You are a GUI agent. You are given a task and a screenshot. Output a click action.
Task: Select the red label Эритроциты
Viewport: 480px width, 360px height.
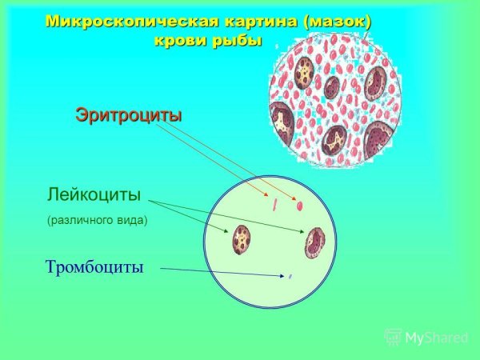(x=129, y=114)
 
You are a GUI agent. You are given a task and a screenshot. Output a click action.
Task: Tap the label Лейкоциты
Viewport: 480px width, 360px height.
(x=94, y=194)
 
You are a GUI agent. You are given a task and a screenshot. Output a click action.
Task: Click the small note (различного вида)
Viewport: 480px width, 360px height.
(x=98, y=219)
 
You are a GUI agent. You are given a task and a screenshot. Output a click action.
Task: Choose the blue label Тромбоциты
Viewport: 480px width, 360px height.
(x=94, y=266)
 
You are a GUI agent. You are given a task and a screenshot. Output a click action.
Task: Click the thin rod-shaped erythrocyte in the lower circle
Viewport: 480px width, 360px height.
(x=274, y=204)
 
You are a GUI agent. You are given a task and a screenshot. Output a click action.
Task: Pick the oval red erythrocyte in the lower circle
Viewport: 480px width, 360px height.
(x=300, y=206)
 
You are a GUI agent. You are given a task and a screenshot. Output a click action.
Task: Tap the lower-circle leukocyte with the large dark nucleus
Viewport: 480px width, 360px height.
(x=314, y=242)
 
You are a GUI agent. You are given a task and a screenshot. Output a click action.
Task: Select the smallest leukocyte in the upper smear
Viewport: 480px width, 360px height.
(x=330, y=86)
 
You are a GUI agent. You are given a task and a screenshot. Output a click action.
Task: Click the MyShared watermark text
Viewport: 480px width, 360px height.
(x=436, y=338)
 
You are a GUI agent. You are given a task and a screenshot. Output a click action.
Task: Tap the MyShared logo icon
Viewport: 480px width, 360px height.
(x=393, y=337)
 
